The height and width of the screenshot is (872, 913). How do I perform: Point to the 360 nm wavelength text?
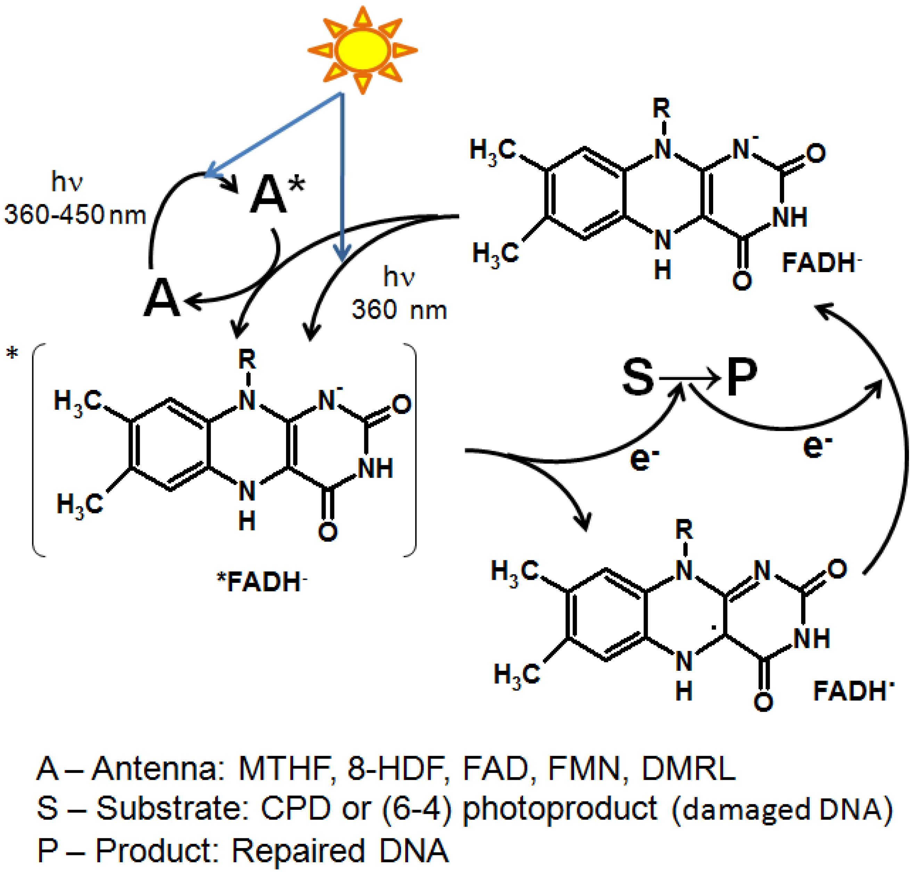(399, 310)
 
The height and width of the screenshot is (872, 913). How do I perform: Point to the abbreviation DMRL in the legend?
(688, 769)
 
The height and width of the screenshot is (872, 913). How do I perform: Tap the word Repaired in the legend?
(298, 850)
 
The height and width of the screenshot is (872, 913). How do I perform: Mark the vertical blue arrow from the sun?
(342, 177)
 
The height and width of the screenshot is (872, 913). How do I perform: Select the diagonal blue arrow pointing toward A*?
(274, 134)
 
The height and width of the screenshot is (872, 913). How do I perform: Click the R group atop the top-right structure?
(661, 110)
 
